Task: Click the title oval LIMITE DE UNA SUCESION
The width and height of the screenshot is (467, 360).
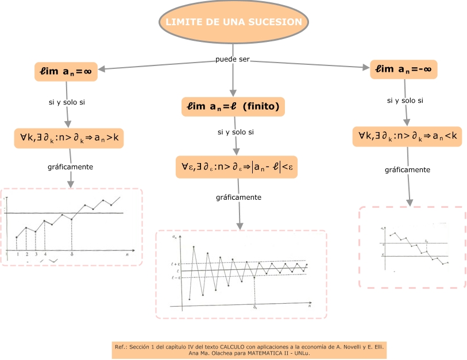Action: pos(233,22)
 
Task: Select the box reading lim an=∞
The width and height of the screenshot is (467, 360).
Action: pos(65,72)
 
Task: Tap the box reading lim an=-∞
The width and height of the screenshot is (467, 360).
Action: pos(403,69)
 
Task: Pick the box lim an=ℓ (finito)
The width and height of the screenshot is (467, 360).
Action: pos(233,106)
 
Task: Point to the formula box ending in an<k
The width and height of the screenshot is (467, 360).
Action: pos(407,136)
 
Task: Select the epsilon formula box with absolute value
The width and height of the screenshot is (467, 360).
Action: pos(237,167)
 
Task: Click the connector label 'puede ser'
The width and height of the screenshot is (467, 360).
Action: pos(233,60)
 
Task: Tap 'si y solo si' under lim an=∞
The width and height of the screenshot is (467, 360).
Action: pos(67,103)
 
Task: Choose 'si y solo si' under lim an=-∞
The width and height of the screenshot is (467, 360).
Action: pos(405,100)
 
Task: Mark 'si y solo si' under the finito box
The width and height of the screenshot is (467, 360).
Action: pos(236,133)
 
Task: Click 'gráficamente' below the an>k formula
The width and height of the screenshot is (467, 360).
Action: pos(70,167)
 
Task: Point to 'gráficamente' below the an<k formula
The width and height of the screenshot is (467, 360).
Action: pos(407,170)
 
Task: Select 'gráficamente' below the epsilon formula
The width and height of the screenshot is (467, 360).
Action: pos(238,198)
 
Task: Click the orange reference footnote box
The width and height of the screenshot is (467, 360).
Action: pos(250,350)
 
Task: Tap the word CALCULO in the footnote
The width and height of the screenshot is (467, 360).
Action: pos(233,347)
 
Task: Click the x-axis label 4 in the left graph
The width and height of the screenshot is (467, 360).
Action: pos(45,254)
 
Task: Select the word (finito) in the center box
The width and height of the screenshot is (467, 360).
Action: pos(261,106)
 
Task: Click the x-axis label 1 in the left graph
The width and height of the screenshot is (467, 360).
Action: pos(18,254)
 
